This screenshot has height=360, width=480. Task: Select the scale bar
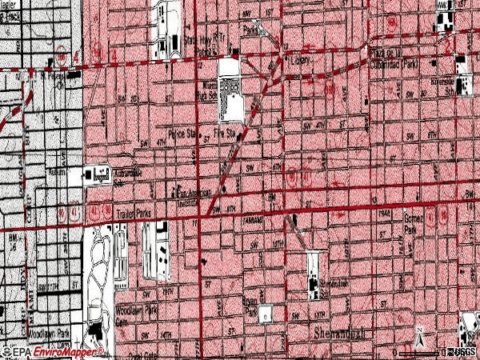coord(419,352)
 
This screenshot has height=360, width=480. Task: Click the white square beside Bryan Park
coord(266,311)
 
